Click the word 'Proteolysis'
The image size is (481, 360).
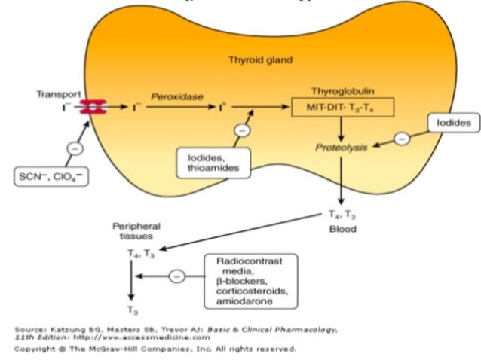(x=342, y=148)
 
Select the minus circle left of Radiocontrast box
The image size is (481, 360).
(x=176, y=276)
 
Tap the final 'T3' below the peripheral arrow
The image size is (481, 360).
(x=132, y=310)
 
